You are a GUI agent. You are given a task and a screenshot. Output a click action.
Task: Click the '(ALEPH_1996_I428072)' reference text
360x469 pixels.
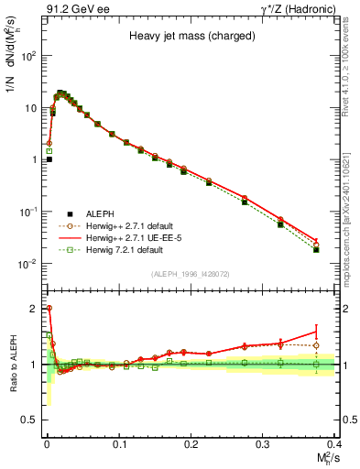(191, 273)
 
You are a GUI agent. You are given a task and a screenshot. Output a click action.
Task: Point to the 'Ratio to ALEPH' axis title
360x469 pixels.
(13, 365)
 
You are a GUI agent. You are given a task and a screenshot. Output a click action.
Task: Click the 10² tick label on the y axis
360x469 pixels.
(29, 56)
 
